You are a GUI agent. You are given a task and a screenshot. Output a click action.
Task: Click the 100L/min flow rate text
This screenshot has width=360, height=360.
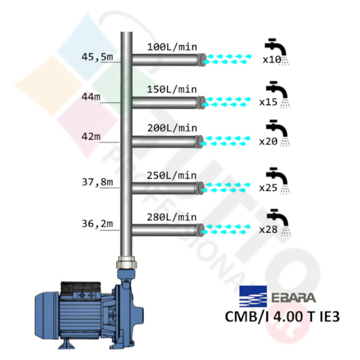[172, 47]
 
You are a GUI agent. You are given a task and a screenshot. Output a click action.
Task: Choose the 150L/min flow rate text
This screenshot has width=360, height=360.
[172, 89]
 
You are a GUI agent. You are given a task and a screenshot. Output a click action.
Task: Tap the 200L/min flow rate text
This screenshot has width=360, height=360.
[172, 128]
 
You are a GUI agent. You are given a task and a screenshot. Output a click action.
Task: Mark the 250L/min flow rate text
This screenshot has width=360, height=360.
[172, 176]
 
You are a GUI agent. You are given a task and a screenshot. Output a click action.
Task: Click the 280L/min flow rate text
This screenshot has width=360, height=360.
[172, 217]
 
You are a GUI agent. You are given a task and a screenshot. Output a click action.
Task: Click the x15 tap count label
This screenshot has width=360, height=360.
[269, 103]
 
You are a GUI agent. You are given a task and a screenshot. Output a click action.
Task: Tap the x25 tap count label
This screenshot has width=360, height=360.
[269, 188]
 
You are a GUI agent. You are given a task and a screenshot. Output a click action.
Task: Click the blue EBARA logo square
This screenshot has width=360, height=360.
[253, 296]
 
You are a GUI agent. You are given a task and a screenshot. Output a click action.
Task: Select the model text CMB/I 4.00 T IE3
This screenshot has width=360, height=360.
[282, 317]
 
